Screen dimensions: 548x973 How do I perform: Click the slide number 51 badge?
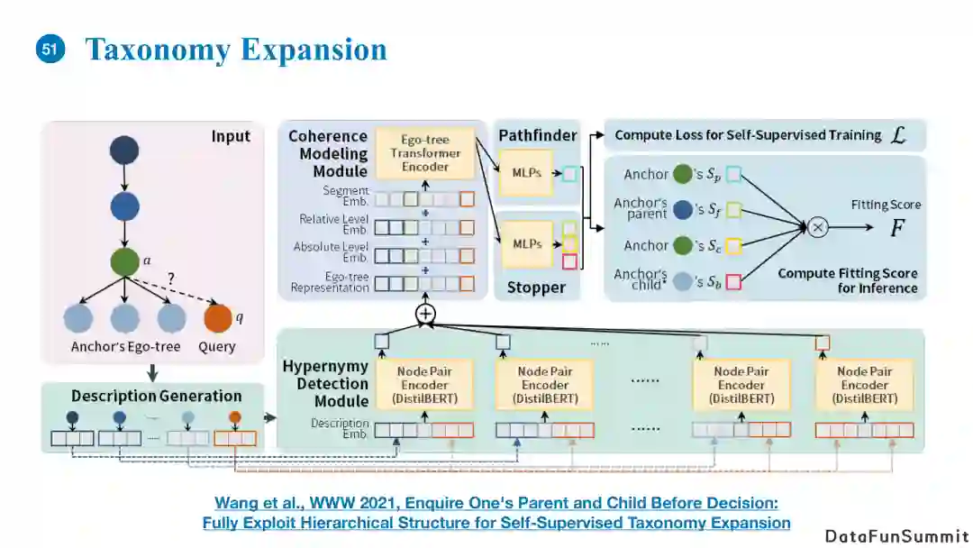pos(50,49)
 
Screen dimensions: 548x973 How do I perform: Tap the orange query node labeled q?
pos(218,318)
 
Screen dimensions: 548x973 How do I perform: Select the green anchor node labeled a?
pos(125,263)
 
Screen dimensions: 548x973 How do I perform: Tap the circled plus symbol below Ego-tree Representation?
pos(425,313)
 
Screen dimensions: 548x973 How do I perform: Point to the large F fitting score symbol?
pos(896,227)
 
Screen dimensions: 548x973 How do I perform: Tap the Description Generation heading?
pos(156,396)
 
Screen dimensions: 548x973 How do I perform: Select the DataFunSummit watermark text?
pos(897,535)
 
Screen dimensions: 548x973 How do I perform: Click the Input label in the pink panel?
pos(231,136)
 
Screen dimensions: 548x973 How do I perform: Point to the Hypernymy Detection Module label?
pos(325,383)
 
